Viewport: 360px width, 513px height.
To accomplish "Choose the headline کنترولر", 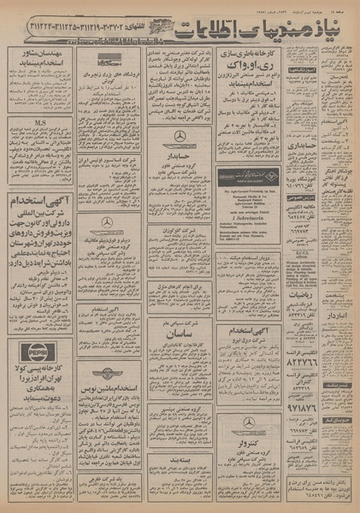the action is point(248,444).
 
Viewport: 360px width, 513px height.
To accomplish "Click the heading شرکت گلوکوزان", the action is point(179,209).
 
